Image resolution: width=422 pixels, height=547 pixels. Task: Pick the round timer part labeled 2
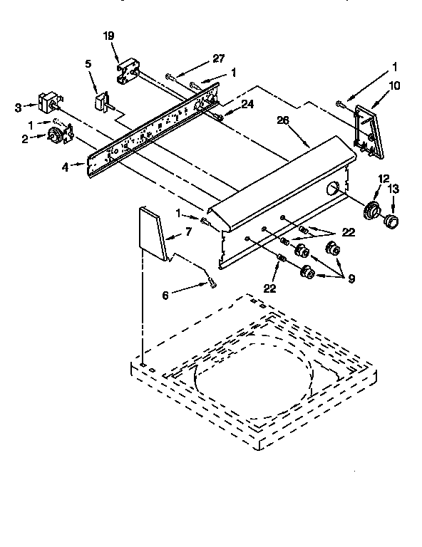[54, 137]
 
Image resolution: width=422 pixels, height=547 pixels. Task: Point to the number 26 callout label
[282, 120]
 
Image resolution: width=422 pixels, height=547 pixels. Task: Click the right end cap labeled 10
[369, 130]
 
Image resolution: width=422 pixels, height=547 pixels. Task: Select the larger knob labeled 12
[371, 212]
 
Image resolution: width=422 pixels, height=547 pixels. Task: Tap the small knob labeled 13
[390, 222]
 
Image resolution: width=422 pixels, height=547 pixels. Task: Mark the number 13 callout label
[393, 188]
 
